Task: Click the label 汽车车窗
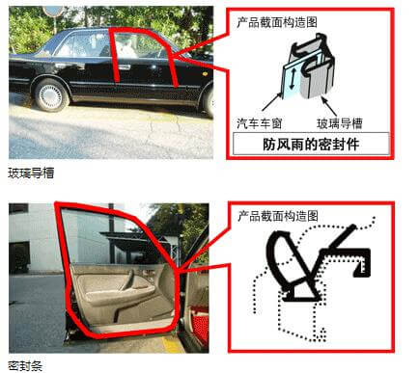coord(259,123)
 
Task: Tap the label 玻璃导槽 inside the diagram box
coord(340,123)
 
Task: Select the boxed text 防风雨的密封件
coord(311,145)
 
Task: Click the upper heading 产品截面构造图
coord(277,22)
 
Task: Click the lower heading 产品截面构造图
coord(278,216)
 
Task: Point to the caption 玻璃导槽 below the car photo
coord(31,173)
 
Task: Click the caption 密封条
coord(25,366)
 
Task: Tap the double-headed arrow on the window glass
coord(292,78)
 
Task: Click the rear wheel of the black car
coord(50,95)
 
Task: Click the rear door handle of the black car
coord(125,67)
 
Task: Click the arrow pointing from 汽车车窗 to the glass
coord(271,102)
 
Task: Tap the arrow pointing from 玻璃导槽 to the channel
coord(329,106)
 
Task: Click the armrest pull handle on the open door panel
coord(127,280)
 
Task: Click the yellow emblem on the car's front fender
coord(204,73)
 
